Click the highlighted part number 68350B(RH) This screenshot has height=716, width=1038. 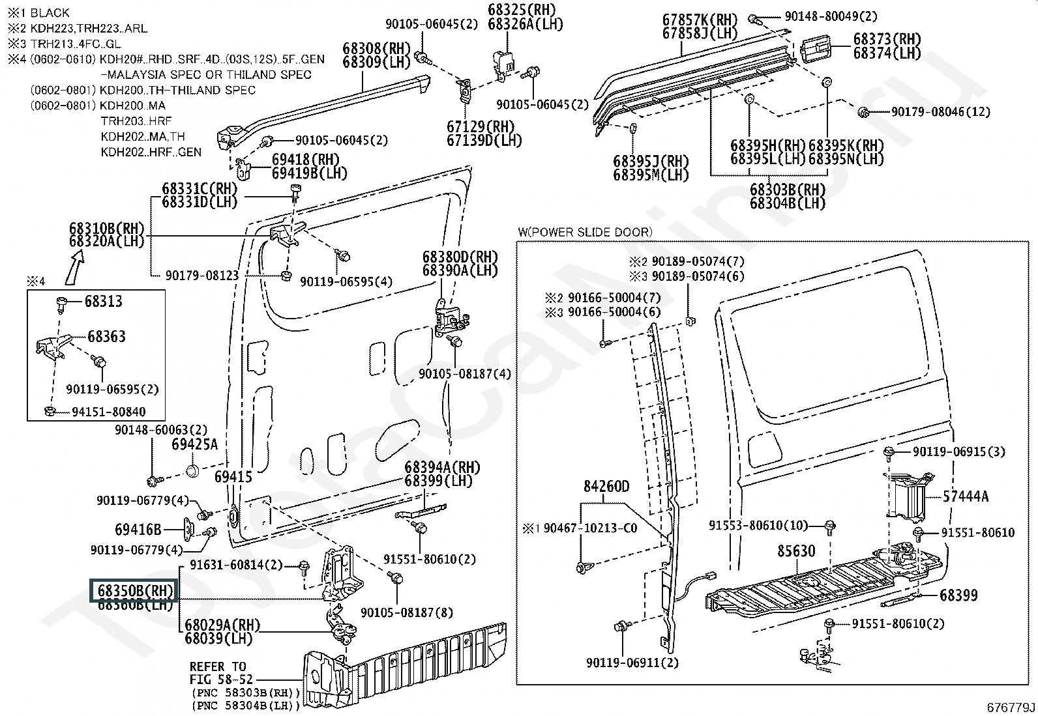click(134, 591)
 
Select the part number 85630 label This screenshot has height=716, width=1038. click(796, 551)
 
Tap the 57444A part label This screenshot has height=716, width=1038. click(965, 496)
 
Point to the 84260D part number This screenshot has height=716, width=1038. click(606, 487)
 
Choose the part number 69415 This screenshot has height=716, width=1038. click(233, 478)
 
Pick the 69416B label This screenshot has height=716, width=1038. click(138, 530)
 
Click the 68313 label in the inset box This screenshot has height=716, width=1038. click(104, 301)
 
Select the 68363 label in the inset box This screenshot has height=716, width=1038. click(107, 337)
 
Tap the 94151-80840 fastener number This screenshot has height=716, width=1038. click(109, 412)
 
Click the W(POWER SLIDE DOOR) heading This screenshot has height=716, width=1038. click(585, 231)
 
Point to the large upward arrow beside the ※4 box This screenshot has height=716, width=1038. click(76, 266)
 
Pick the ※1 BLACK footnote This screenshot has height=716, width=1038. click(38, 12)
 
